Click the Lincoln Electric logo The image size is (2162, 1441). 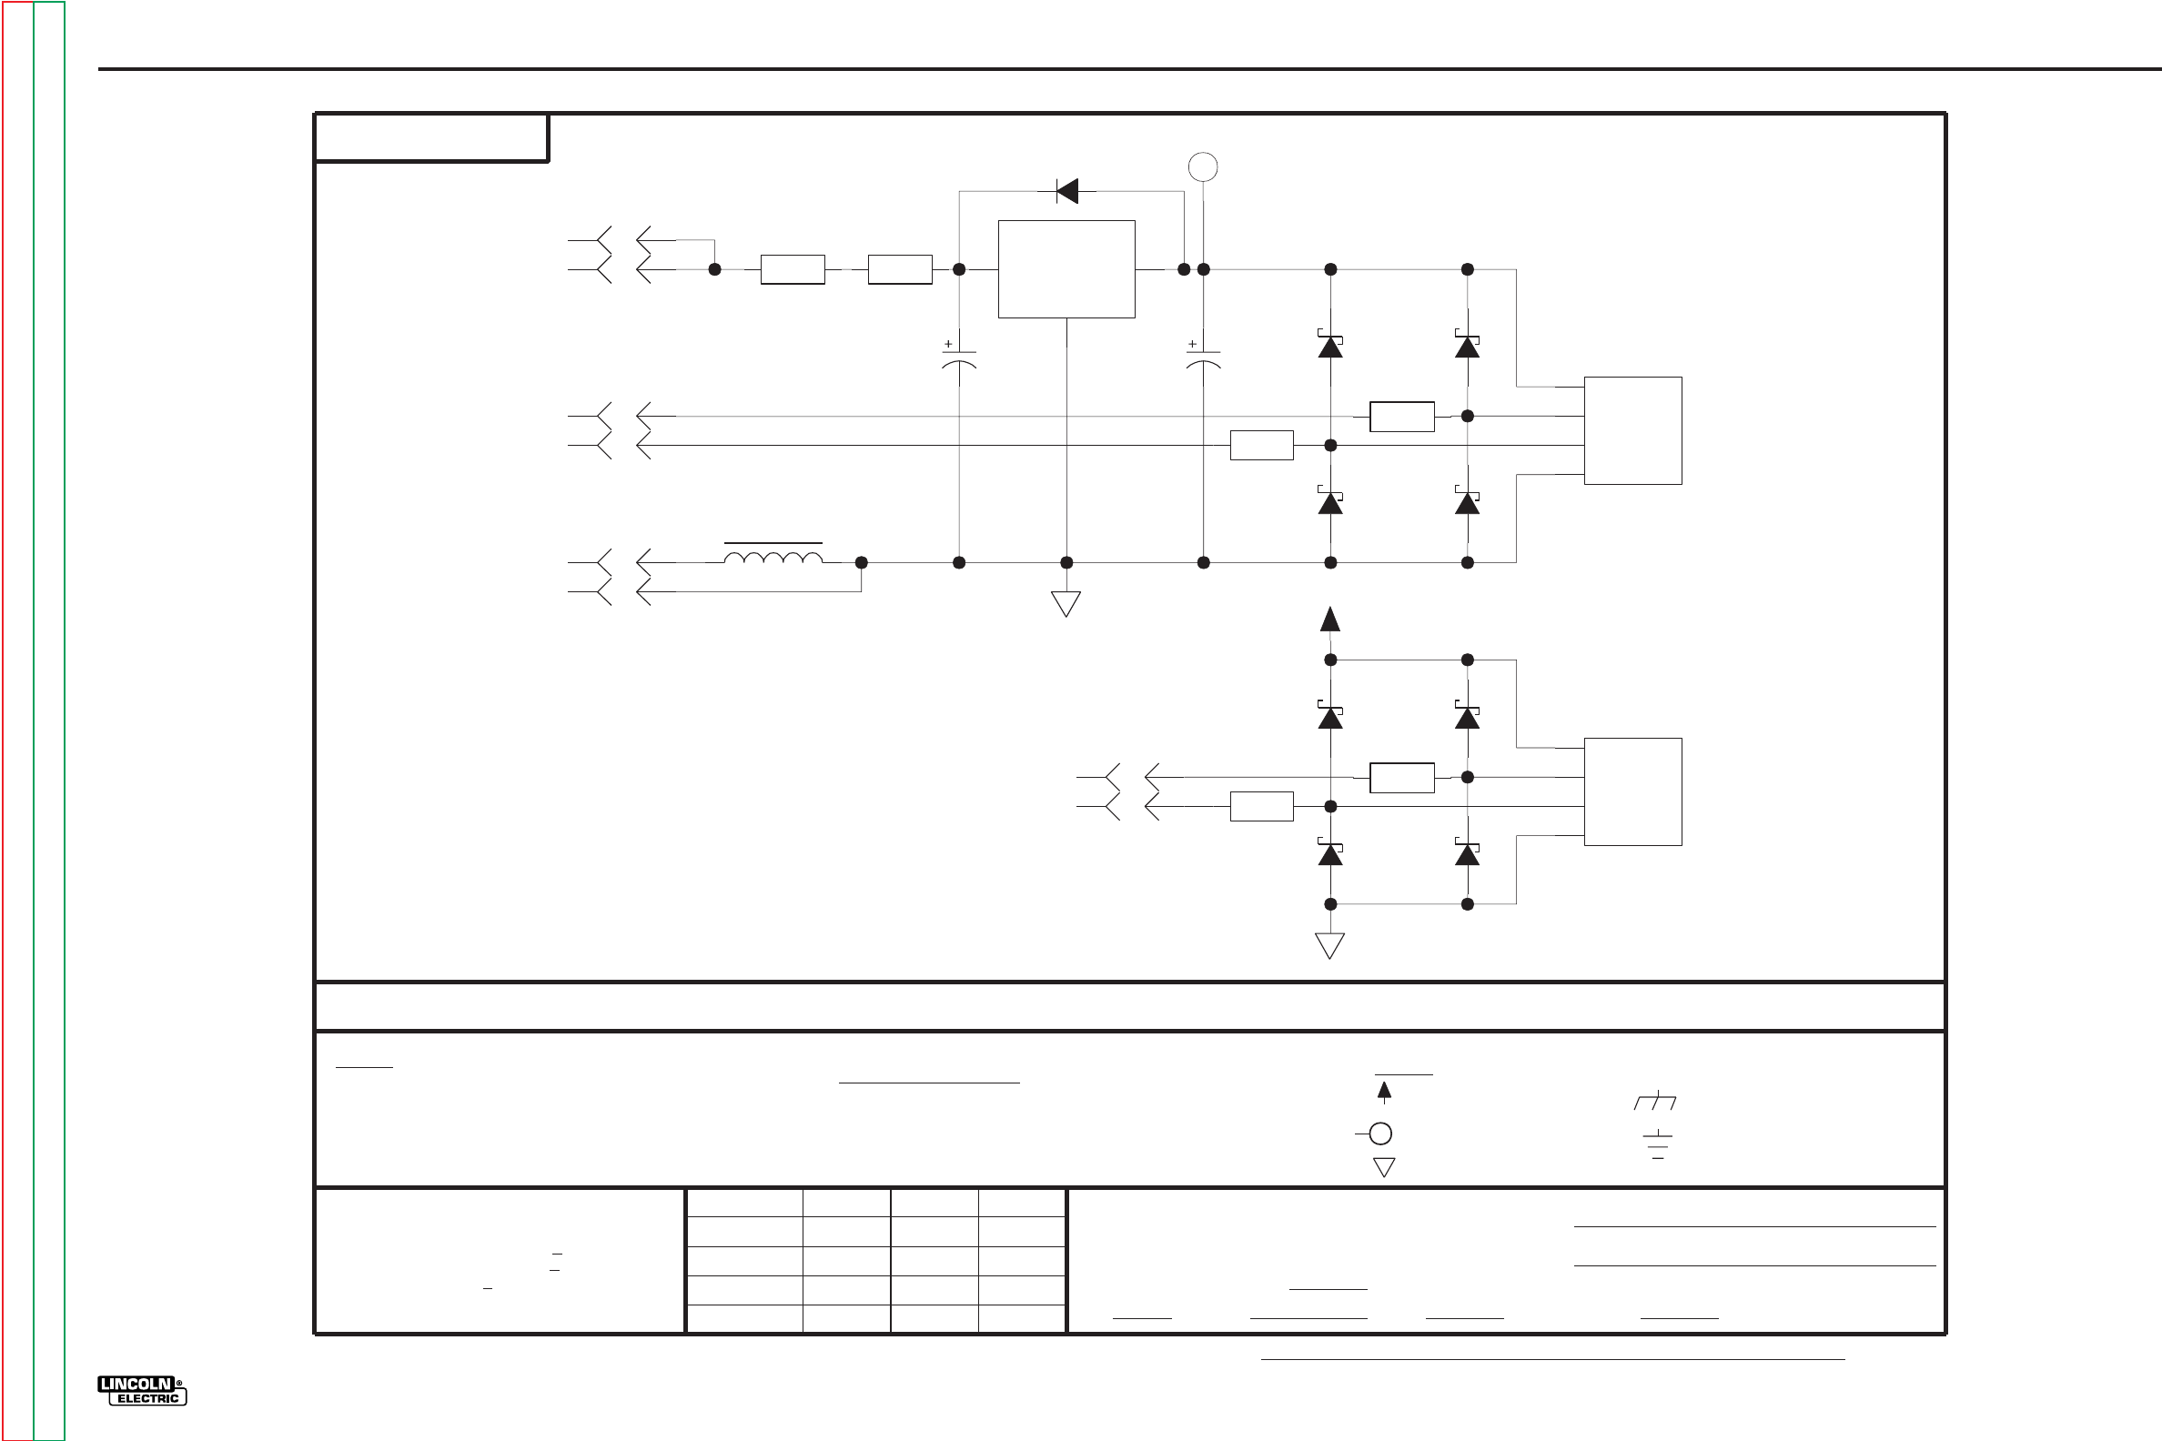(x=142, y=1390)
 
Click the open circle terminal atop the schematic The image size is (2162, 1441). (x=1203, y=166)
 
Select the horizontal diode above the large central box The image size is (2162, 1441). (x=1066, y=191)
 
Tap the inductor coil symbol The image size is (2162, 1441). (x=773, y=557)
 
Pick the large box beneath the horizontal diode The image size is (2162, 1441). (x=1066, y=269)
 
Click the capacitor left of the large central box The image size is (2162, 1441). (x=959, y=358)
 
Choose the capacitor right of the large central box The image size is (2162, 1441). (x=1203, y=358)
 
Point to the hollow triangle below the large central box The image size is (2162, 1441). (x=1066, y=604)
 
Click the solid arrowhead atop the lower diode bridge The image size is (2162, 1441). (x=1329, y=620)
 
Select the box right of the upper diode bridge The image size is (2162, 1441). (x=1632, y=430)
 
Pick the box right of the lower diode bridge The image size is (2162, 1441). (x=1632, y=791)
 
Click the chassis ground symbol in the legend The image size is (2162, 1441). (x=1654, y=1101)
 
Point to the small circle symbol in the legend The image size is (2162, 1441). (x=1379, y=1134)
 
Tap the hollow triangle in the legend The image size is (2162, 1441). (x=1383, y=1166)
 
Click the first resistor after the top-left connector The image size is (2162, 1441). (x=793, y=269)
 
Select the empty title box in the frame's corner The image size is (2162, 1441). (x=431, y=138)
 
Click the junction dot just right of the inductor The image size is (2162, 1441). (x=862, y=562)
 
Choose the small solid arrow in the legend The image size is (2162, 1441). (x=1383, y=1091)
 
